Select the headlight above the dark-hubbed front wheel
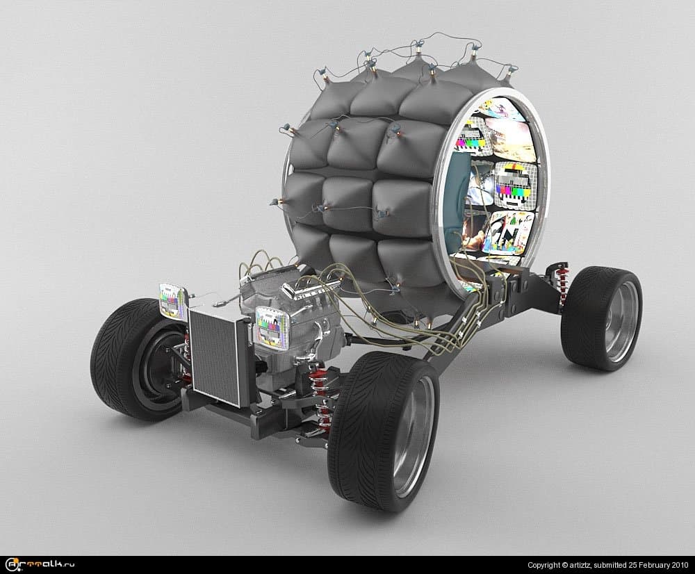[x=172, y=300]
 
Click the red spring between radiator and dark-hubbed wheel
[x=187, y=354]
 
